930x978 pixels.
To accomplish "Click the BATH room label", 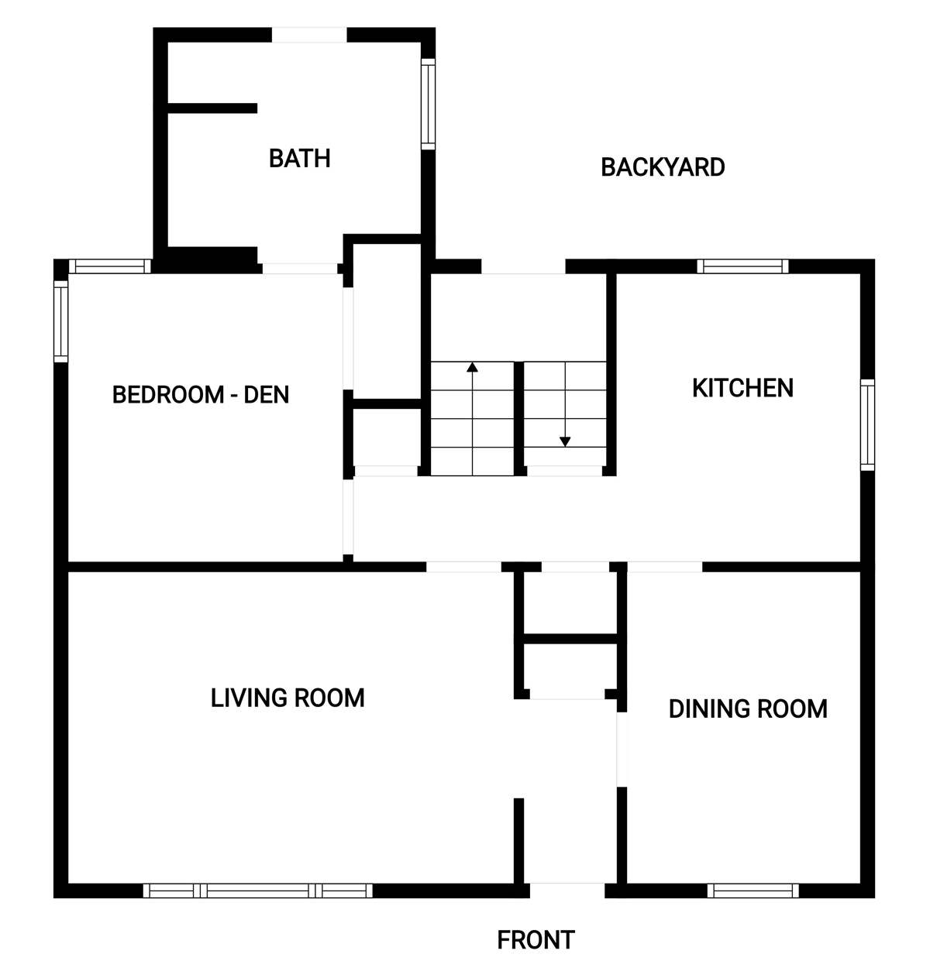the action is [x=300, y=159].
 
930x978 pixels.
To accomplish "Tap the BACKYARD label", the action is [x=663, y=167].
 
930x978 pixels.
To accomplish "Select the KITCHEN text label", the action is [x=742, y=388].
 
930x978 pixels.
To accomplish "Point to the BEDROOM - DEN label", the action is [x=201, y=395].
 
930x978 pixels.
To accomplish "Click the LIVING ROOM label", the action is [x=288, y=698].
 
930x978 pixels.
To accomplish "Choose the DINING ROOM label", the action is [x=748, y=709].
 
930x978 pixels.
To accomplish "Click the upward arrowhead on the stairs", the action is [x=472, y=367].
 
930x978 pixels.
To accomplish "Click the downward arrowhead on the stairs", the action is [x=564, y=441].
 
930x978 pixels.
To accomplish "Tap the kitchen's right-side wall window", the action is [x=867, y=425].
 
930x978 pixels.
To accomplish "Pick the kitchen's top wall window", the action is [x=742, y=266].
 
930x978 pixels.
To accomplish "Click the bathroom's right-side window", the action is [x=428, y=104].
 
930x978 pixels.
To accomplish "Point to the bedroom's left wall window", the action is [x=60, y=321].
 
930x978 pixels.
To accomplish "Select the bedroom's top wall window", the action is [x=109, y=266].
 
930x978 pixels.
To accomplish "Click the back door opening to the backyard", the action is [x=523, y=266].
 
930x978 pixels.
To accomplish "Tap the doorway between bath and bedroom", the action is [x=300, y=269].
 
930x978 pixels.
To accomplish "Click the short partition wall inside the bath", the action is [x=212, y=108].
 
